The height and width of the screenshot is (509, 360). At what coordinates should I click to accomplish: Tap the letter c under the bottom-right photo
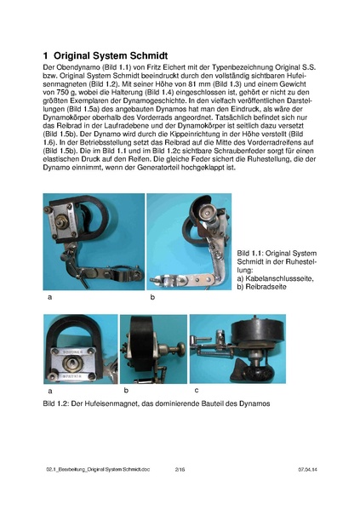coord(197,390)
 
